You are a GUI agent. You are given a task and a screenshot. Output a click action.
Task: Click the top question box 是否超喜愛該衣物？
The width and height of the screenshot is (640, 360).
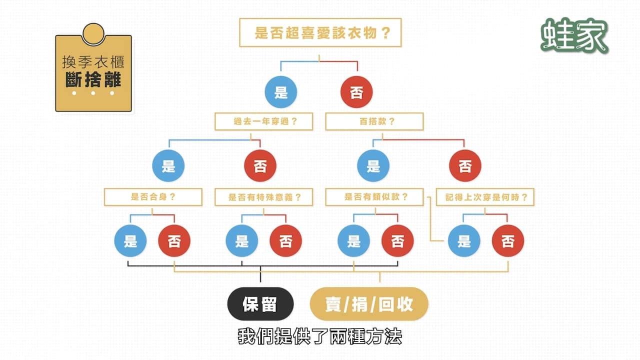320,33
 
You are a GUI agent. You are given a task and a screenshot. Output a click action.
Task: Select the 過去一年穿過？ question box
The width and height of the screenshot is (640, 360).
263,121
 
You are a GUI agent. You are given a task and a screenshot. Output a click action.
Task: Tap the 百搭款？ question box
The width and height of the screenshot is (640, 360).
374,121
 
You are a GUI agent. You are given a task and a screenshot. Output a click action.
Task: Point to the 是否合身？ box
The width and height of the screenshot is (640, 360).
152,197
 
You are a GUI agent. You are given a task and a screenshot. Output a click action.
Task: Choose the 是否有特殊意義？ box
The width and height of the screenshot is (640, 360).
263,197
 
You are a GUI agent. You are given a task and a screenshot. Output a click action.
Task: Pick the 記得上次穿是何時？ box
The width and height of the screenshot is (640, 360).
485,197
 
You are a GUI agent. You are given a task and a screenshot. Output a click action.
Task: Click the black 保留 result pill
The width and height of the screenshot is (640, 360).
260,304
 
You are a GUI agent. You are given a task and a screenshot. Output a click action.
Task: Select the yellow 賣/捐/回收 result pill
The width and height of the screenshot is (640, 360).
369,304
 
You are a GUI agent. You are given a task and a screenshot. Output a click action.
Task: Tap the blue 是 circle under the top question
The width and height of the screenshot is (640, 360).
281,93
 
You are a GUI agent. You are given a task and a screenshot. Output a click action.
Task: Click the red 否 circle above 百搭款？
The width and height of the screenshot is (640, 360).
356,93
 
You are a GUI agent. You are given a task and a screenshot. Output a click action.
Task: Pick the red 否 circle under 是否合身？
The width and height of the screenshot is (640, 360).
174,241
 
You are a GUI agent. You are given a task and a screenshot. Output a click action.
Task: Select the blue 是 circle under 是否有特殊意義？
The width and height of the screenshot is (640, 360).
242,241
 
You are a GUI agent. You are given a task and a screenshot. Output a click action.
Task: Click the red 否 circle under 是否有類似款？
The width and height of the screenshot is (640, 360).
397,241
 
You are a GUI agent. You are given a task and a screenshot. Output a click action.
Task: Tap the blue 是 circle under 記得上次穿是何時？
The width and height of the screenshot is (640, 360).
464,241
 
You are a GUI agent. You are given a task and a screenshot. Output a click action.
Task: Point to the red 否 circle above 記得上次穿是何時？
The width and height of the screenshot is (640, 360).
465,166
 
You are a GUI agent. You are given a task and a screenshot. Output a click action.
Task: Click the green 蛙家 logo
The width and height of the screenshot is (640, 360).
574,35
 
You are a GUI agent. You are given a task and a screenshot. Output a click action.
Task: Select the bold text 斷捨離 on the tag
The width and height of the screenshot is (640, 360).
93,79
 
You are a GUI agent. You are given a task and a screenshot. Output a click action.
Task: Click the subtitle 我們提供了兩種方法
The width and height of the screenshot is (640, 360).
320,336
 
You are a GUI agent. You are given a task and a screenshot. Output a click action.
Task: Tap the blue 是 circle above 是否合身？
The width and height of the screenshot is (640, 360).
168,166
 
